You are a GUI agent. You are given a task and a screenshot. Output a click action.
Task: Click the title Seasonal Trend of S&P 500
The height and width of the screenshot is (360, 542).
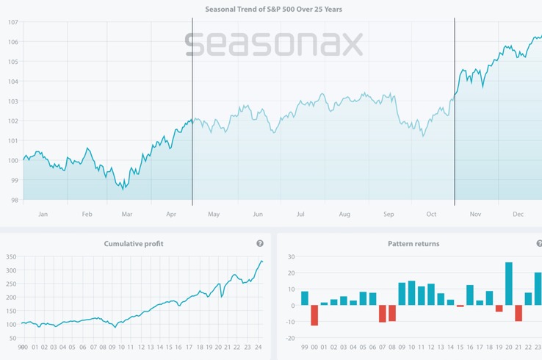click(x=273, y=10)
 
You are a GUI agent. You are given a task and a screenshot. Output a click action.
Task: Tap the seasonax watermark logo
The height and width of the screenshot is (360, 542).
click(x=273, y=44)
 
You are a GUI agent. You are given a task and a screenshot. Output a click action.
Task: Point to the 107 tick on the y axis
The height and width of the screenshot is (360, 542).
click(x=12, y=22)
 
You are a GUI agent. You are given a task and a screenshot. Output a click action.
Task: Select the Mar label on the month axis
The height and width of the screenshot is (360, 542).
click(x=127, y=215)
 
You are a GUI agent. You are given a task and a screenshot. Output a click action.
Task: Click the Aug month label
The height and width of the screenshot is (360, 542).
click(x=344, y=215)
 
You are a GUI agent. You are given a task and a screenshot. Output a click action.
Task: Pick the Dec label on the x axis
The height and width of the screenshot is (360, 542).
click(x=518, y=215)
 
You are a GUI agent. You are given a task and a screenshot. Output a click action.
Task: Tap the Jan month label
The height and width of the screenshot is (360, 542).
click(x=43, y=215)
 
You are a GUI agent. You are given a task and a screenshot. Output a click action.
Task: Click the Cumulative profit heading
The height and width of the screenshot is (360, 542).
click(x=134, y=244)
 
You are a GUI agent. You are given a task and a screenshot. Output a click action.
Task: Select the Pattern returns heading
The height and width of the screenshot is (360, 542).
click(x=413, y=244)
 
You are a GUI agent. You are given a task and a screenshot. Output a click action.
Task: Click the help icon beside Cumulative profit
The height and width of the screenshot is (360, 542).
click(x=260, y=244)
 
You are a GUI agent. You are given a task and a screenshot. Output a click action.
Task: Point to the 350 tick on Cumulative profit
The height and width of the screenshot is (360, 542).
click(x=11, y=257)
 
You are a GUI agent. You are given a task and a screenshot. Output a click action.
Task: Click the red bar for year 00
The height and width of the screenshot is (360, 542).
click(x=314, y=315)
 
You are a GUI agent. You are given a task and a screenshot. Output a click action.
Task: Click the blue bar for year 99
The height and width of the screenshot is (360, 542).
click(x=305, y=298)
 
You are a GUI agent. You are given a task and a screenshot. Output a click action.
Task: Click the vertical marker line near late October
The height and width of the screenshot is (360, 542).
click(x=455, y=110)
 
